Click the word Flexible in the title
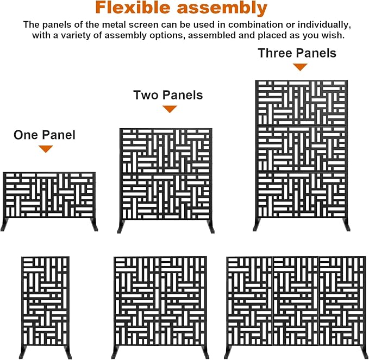(133, 8)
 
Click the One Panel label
(45, 135)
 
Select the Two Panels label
(168, 95)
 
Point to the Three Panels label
(297, 53)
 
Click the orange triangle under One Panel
(46, 149)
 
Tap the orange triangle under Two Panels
(170, 109)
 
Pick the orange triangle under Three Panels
(300, 67)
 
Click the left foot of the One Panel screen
(4, 225)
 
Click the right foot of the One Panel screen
(94, 225)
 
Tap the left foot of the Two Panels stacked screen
(121, 226)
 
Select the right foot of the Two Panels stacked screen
(211, 226)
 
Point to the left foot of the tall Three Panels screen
(257, 225)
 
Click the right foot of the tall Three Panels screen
(346, 225)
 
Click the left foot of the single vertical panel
(23, 352)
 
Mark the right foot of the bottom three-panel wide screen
(365, 352)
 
